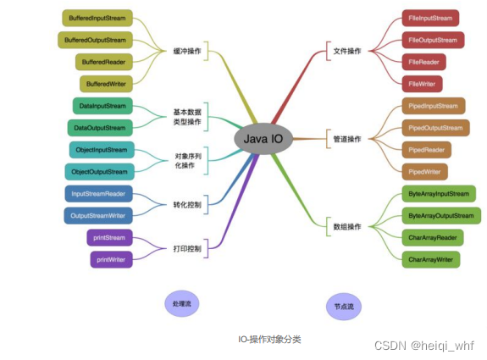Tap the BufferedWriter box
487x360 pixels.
[106, 84]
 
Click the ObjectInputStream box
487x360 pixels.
[101, 150]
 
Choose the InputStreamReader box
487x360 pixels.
[99, 193]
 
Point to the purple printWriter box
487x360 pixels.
[111, 259]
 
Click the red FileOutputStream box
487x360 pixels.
[432, 40]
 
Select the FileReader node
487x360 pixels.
[424, 62]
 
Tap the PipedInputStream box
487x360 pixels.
[433, 106]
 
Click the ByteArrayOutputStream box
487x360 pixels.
[440, 216]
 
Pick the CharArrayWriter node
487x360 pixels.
[431, 259]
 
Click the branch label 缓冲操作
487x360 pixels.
[187, 51]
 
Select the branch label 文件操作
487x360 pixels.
[346, 51]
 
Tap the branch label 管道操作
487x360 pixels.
[346, 138]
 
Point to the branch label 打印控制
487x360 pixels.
[187, 248]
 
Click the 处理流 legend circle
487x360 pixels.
[180, 302]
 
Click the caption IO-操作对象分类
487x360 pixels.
[269, 339]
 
